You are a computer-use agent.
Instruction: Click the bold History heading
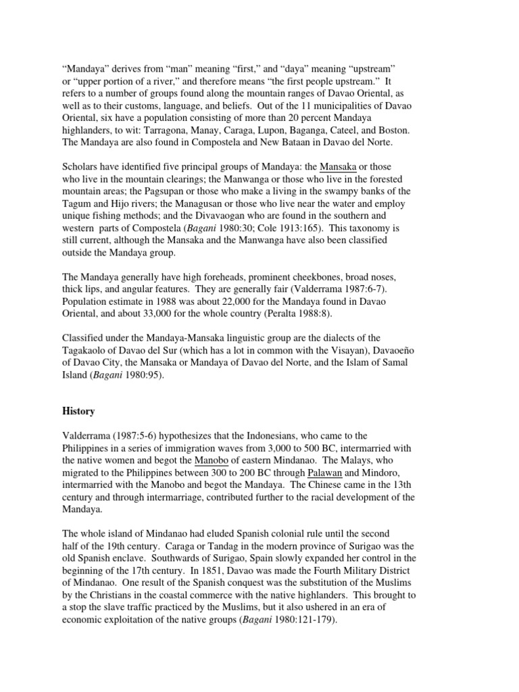coord(78,411)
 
